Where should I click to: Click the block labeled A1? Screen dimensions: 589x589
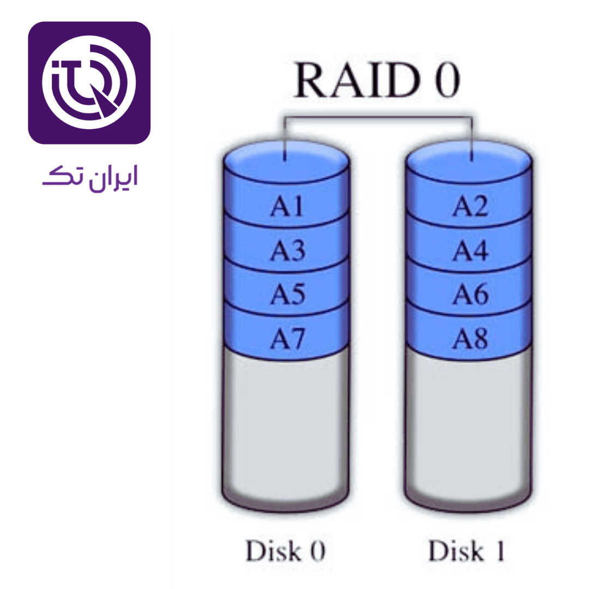[287, 208]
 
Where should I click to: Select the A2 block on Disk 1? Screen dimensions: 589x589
[470, 208]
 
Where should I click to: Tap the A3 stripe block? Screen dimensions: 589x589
[287, 251]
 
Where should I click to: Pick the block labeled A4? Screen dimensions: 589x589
[470, 251]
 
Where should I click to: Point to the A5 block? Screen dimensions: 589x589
[287, 296]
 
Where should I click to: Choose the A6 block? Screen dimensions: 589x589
[470, 296]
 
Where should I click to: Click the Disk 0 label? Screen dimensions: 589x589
[285, 551]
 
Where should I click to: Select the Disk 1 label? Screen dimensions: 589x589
[467, 551]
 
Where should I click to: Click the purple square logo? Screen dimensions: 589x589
[89, 82]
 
